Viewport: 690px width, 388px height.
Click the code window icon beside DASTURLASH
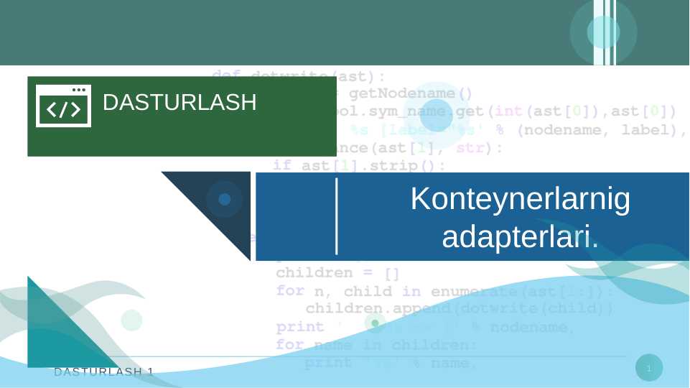pos(63,106)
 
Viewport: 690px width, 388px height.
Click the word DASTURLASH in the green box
pos(180,103)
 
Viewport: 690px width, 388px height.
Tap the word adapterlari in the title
pos(517,236)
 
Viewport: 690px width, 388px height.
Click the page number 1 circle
pos(649,368)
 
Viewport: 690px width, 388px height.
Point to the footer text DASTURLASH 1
pos(104,371)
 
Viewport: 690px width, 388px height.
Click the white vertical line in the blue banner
pos(337,216)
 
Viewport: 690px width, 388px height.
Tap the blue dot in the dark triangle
pos(225,199)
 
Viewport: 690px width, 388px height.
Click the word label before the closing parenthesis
pos(649,130)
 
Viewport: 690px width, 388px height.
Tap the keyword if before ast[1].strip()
pos(282,166)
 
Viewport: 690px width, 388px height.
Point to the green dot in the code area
pos(375,323)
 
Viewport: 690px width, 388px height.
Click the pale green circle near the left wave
pos(131,320)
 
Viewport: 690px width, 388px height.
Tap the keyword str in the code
pos(470,148)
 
